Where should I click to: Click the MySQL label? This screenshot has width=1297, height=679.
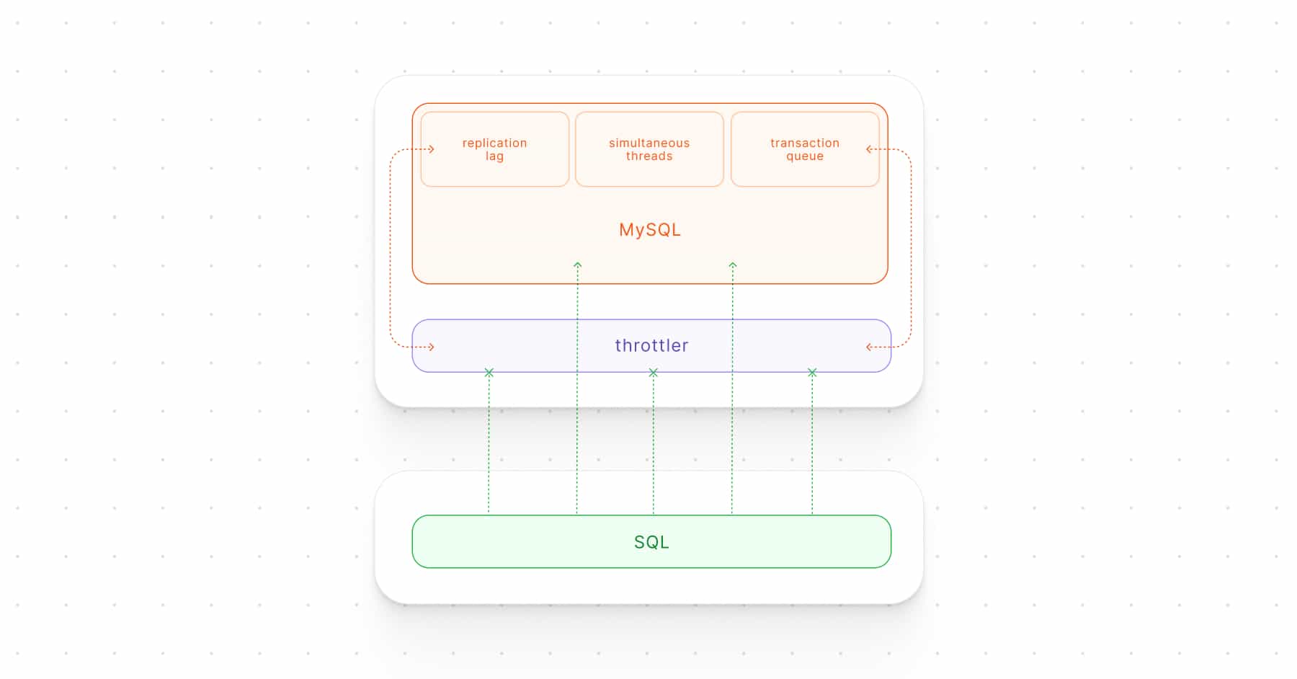[650, 230]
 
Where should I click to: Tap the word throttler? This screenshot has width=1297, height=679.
[651, 345]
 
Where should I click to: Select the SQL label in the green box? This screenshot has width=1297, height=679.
[651, 542]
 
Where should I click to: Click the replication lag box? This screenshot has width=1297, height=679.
[495, 149]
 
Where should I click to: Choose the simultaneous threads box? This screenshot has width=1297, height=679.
[649, 149]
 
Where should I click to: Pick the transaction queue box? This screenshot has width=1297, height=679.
[805, 149]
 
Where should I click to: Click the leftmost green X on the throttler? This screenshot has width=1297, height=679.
[489, 373]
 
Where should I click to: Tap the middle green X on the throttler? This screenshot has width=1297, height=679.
[654, 373]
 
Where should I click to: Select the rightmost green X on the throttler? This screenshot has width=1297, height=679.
[812, 373]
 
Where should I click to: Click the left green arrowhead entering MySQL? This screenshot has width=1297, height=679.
[577, 265]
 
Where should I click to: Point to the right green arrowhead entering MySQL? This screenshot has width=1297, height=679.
[733, 265]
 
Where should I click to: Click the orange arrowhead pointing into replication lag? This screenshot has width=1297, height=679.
[432, 149]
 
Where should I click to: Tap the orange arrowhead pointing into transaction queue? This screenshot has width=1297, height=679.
[869, 149]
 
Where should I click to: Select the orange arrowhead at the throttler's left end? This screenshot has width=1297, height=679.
[432, 347]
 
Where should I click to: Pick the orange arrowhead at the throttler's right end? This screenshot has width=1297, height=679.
[869, 347]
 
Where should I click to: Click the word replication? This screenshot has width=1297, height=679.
[495, 143]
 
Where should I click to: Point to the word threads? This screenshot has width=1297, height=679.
[649, 156]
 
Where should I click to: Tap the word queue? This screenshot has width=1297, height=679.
[805, 157]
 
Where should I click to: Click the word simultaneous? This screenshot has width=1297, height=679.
[649, 143]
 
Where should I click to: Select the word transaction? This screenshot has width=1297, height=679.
[805, 143]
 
